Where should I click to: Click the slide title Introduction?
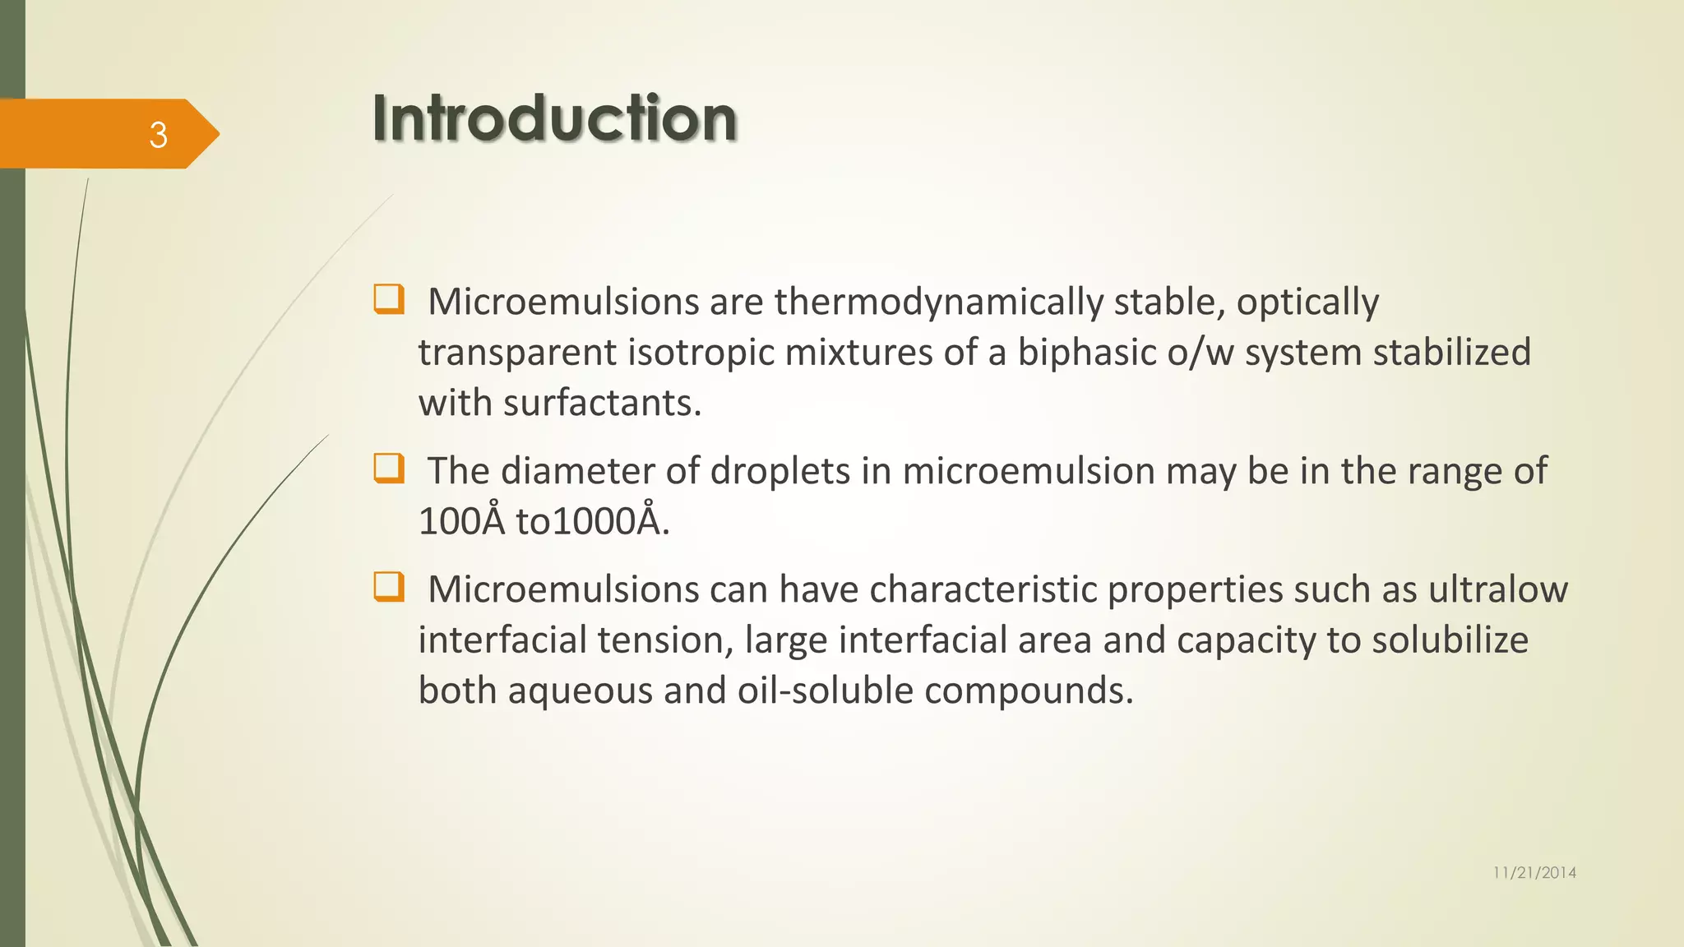coord(554,118)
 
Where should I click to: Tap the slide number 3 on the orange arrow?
coord(158,135)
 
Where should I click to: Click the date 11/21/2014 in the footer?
coord(1534,873)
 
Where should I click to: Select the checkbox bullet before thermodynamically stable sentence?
coord(388,299)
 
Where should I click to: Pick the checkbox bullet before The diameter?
coord(388,469)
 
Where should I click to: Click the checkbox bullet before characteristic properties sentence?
coord(388,588)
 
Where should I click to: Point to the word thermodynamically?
coord(938,303)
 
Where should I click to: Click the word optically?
coord(1307,303)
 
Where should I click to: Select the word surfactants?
coord(602,403)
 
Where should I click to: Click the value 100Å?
coord(461,521)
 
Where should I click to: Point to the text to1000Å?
coord(592,521)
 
